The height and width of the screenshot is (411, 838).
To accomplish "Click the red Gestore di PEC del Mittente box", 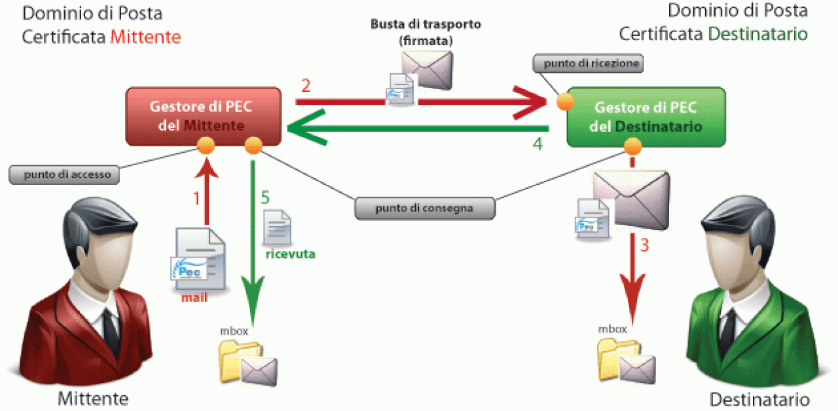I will pyautogui.click(x=204, y=115).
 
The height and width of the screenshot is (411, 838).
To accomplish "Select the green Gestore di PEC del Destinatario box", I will pyautogui.click(x=646, y=116).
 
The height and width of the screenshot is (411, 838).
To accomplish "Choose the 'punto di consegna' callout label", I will pyautogui.click(x=424, y=208).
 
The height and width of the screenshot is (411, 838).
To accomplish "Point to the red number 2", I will pyautogui.click(x=305, y=86).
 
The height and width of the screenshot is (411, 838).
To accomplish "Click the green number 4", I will pyautogui.click(x=537, y=144).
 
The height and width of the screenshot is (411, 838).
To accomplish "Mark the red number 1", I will pyautogui.click(x=194, y=198).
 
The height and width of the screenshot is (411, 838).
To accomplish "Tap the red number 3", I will pyautogui.click(x=644, y=246).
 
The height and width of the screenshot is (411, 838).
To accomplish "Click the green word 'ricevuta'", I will pyautogui.click(x=290, y=254).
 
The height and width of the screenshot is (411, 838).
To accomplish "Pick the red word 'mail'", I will pyautogui.click(x=195, y=298).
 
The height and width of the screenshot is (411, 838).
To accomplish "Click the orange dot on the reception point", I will pyautogui.click(x=565, y=103).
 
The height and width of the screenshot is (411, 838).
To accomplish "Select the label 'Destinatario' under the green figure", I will pyautogui.click(x=759, y=399).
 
